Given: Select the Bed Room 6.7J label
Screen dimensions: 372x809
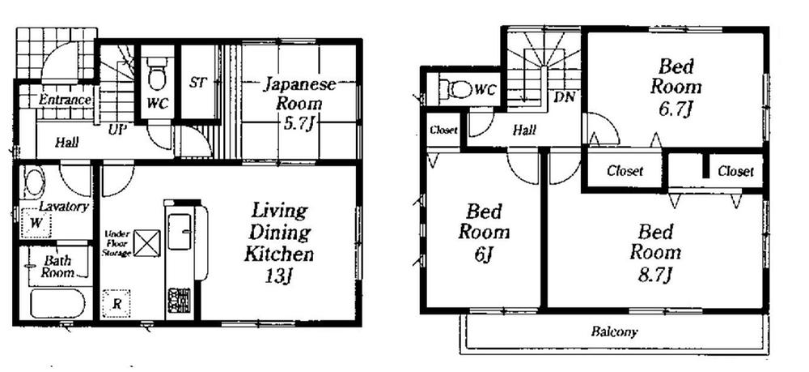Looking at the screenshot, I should point(676,87).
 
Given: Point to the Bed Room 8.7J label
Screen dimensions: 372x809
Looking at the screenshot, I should point(655,251).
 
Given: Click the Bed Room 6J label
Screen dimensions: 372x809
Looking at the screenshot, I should point(484,232).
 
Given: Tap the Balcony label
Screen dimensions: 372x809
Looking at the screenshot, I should point(614,331).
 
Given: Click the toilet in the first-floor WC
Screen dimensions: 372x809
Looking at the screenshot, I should point(158,73).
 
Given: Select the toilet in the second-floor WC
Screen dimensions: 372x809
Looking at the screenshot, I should point(451,88).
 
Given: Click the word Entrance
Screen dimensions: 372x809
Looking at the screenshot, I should point(65,100).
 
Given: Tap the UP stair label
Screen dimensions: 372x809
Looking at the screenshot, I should point(116,128).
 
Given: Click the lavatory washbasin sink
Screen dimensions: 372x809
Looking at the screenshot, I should point(33,182).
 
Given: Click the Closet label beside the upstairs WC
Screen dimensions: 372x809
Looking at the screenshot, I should point(443,130).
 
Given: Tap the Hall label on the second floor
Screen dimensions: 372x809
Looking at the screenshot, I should point(524,129).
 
